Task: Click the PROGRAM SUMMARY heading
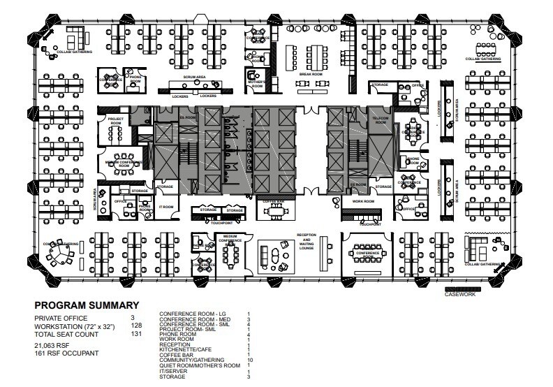click(87, 305)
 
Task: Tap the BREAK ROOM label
click(311, 74)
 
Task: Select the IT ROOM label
click(165, 207)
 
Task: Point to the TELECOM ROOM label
click(381, 119)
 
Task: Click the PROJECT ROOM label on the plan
click(115, 122)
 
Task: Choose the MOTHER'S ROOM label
click(257, 85)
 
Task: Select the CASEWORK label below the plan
click(459, 294)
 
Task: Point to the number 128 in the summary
click(136, 326)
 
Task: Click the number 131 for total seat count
click(136, 334)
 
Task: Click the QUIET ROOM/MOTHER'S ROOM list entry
click(200, 365)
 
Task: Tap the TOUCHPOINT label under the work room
click(369, 225)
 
